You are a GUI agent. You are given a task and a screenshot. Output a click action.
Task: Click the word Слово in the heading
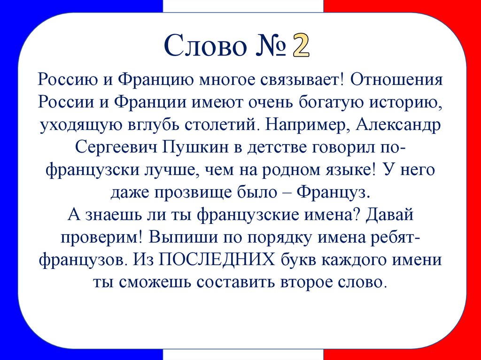tap(207, 47)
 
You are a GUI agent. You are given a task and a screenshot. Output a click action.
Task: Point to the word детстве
tap(273, 148)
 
